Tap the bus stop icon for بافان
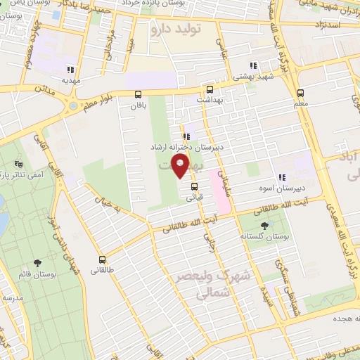point(137,93)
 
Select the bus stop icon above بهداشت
point(209,89)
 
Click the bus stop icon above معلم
point(301,92)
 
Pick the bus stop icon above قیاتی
point(194,186)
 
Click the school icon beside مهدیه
point(70,69)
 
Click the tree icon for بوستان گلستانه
point(264,226)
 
